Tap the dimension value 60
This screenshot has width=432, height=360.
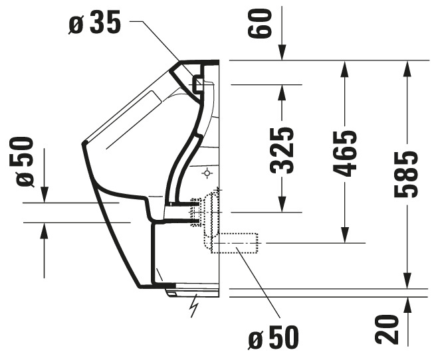click(x=259, y=23)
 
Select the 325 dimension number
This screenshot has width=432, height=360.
click(x=282, y=151)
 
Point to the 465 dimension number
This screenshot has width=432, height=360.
click(x=345, y=153)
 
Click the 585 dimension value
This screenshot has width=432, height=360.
click(x=406, y=174)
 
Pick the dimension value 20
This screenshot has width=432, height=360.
click(x=387, y=329)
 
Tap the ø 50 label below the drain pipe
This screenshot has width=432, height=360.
click(x=273, y=337)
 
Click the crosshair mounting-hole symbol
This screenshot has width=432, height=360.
click(x=207, y=173)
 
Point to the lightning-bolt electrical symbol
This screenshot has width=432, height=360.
click(x=194, y=305)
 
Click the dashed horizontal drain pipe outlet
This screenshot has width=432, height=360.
click(x=235, y=243)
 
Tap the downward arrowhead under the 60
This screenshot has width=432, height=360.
click(x=282, y=52)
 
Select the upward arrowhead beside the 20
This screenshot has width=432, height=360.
click(x=408, y=305)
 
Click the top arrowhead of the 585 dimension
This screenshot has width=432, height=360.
click(x=407, y=68)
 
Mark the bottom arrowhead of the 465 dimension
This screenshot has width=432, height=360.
click(x=345, y=235)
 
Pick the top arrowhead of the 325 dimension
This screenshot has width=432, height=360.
click(x=282, y=92)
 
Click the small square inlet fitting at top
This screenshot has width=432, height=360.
click(x=198, y=84)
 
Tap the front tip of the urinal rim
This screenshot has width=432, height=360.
click(x=83, y=143)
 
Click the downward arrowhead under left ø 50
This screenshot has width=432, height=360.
click(x=44, y=195)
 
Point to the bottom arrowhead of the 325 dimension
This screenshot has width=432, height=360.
click(x=282, y=205)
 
